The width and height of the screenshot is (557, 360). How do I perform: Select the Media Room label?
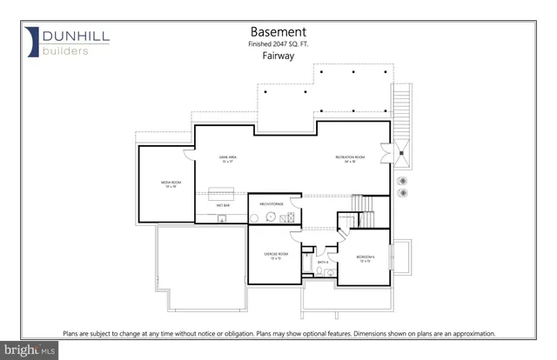point(169,184)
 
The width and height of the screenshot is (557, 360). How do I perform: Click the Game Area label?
point(228,158)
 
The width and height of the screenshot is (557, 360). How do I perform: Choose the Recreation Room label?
point(350,158)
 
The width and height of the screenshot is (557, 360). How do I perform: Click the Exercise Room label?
point(276,255)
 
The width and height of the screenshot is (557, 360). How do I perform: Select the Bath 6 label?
point(321,261)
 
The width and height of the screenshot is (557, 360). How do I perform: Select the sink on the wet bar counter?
point(223,218)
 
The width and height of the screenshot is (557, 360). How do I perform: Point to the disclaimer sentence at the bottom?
point(278,333)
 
